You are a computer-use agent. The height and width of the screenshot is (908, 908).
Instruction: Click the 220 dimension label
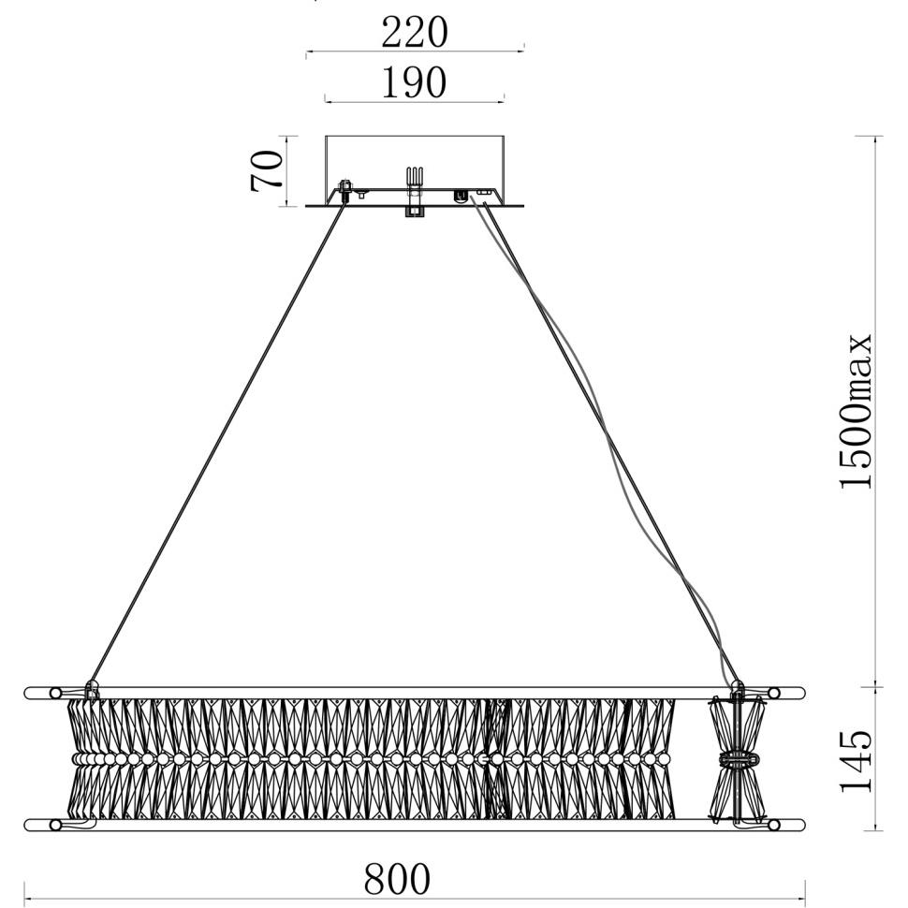(415, 32)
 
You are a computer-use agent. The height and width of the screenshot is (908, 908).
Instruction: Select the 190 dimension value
(414, 82)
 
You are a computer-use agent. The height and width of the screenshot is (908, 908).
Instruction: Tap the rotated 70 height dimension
(267, 170)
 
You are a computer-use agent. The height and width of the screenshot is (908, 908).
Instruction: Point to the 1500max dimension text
(856, 412)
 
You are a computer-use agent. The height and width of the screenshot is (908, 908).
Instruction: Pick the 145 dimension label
(856, 760)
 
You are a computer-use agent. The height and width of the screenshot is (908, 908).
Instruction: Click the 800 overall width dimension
(397, 879)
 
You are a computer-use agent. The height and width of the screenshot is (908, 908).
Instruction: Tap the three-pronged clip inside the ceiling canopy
(414, 177)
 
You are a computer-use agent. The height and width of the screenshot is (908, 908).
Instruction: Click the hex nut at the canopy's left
(345, 187)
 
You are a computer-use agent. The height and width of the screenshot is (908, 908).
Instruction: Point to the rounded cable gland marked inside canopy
(461, 196)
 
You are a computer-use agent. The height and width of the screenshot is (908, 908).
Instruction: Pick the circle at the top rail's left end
(55, 693)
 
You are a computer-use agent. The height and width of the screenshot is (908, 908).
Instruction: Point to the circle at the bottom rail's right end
(773, 825)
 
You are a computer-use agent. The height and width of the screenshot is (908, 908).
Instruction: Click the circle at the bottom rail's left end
(55, 825)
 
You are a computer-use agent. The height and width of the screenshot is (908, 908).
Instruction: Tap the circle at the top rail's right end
(773, 693)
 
